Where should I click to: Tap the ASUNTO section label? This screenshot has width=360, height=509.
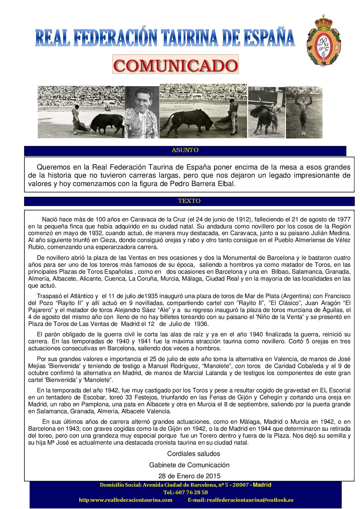185,150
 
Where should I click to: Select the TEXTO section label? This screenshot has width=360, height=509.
189,201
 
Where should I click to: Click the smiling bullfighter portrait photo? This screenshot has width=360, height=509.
142,112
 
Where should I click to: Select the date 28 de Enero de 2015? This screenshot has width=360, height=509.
189,476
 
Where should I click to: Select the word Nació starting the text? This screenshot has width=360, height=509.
50,219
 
